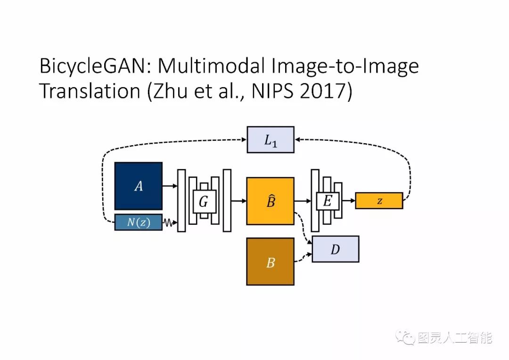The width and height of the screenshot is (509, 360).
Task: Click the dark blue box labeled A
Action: [x=138, y=186]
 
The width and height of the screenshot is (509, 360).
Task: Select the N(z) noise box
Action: [x=138, y=222]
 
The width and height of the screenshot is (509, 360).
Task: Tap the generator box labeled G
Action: [x=204, y=202]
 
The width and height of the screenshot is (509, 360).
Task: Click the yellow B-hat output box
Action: [x=270, y=201]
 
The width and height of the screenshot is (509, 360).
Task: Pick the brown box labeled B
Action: [x=270, y=262]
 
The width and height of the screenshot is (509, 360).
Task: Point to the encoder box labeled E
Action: [x=327, y=201]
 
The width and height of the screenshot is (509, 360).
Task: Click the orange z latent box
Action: [x=379, y=201]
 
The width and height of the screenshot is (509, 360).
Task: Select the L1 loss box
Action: [x=271, y=139]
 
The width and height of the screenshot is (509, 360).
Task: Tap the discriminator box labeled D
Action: [x=335, y=249]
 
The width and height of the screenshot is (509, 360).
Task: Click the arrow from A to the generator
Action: [x=170, y=186]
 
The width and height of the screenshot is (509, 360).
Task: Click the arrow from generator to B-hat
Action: [x=239, y=201]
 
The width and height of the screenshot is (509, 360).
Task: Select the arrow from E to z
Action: [x=349, y=201]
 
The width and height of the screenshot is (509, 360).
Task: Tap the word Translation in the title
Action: [x=90, y=91]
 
